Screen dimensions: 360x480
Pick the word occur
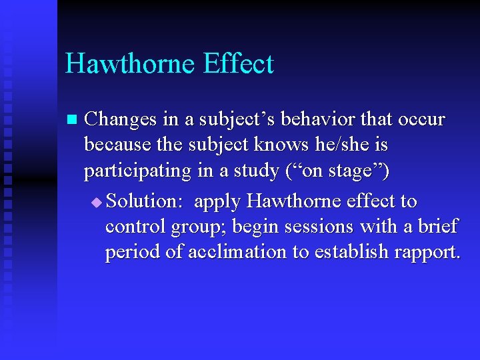tap(422, 119)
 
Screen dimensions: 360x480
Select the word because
tap(116, 145)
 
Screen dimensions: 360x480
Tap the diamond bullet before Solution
tap(98, 202)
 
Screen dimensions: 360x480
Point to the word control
tap(136, 227)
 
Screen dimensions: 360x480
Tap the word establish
tap(355, 252)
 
